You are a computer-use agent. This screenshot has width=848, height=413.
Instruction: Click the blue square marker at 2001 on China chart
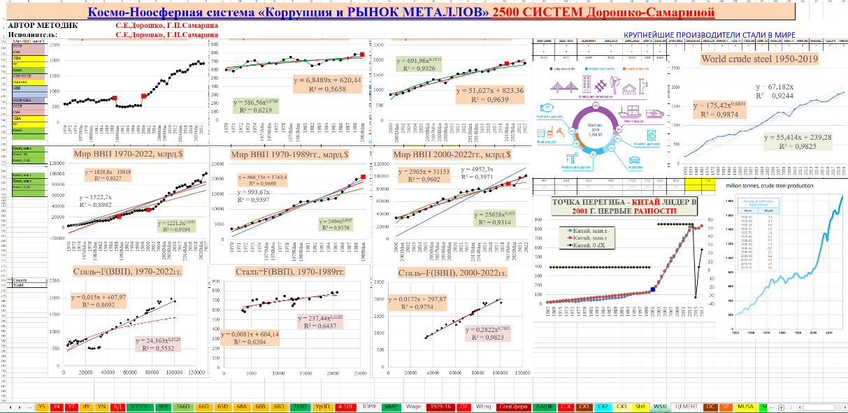[652, 289]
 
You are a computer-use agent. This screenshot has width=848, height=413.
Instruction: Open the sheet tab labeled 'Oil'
[463, 406]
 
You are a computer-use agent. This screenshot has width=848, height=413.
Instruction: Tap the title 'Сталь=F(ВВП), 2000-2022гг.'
[452, 272]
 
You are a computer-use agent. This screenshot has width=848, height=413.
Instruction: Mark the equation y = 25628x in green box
[489, 217]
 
